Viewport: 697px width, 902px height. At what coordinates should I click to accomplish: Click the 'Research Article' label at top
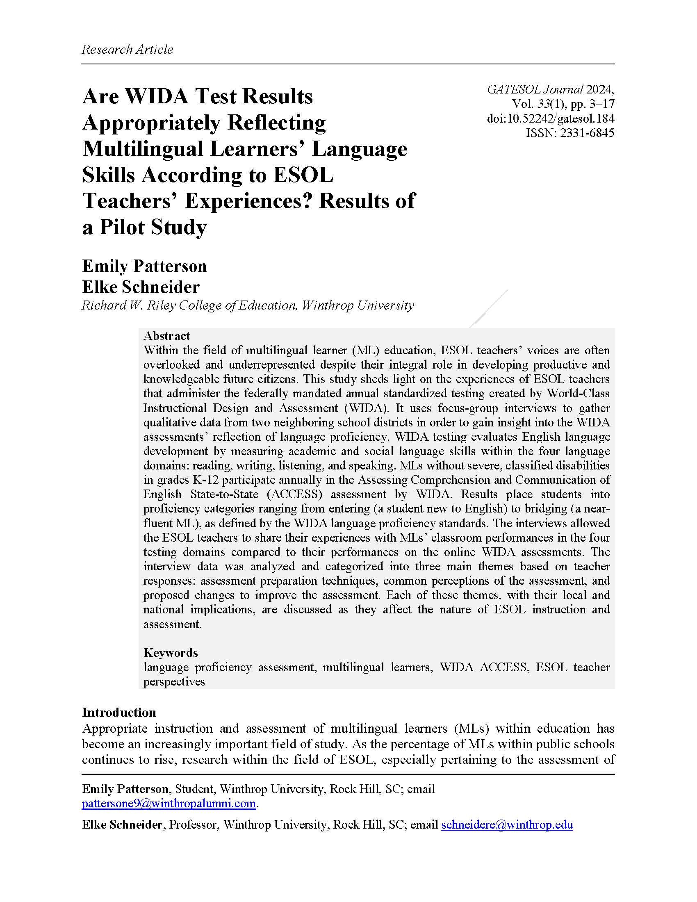tap(127, 50)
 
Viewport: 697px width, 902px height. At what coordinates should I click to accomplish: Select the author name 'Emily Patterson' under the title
tap(144, 266)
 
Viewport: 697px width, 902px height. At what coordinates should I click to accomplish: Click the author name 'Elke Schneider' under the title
tap(141, 287)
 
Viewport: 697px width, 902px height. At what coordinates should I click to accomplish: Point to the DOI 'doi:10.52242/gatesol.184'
tap(550, 119)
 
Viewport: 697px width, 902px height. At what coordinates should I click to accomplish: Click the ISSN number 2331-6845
tap(587, 133)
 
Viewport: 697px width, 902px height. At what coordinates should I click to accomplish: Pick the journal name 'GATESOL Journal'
tap(535, 90)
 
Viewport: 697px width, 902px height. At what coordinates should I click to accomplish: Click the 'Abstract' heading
tap(166, 335)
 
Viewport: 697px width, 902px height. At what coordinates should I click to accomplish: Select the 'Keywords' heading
tap(171, 653)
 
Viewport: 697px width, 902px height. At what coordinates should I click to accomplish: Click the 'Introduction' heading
tap(119, 713)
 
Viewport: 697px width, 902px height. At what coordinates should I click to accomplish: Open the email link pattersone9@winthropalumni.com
tap(169, 803)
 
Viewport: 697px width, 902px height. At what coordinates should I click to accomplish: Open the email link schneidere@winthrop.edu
tap(507, 825)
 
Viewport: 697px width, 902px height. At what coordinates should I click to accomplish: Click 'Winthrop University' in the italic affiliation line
tap(358, 305)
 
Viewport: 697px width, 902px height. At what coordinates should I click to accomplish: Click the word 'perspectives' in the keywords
tap(174, 681)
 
